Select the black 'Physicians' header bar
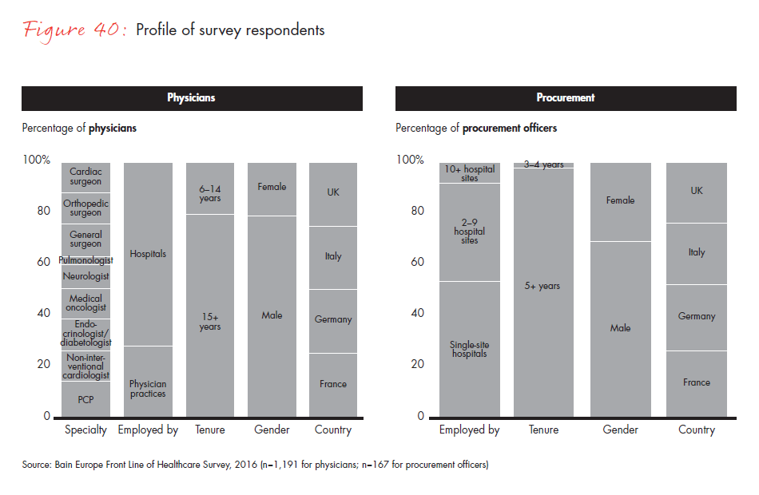coord(192,98)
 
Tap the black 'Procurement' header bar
coord(566,98)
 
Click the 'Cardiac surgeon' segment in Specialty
coord(85,176)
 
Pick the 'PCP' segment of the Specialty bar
coord(85,398)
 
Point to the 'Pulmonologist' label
coord(85,260)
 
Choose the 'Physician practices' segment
coord(148,388)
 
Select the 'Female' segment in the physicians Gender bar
coord(272,188)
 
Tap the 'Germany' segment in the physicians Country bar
coord(333,319)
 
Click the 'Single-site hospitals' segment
coord(469,349)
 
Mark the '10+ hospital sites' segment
coord(469,173)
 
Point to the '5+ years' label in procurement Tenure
coord(543,286)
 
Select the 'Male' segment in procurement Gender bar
coord(620,328)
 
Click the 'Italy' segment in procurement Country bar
coord(697,252)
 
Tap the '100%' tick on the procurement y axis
coord(410,160)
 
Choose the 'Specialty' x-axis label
coord(85,430)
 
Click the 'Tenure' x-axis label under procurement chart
coord(543,430)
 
